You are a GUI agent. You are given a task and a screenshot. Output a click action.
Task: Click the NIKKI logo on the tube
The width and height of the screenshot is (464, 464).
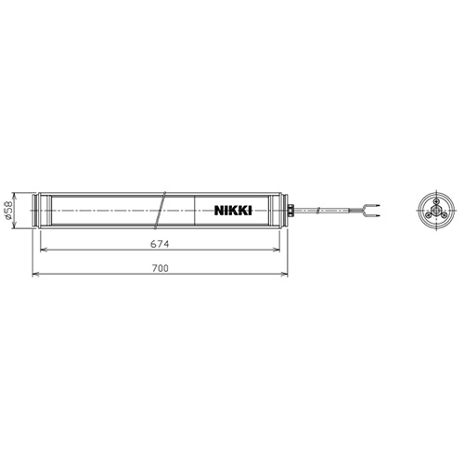click(233, 211)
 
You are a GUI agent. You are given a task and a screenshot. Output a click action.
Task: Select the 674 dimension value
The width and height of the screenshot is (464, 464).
click(160, 244)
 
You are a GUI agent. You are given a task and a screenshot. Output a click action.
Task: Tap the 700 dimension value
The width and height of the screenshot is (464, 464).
click(161, 268)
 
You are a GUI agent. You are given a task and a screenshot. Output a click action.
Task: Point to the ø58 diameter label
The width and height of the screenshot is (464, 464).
click(9, 211)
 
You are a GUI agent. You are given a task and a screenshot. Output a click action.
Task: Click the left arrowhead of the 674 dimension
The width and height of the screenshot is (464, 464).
click(44, 250)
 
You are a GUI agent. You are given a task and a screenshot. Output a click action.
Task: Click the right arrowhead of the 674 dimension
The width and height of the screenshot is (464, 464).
click(277, 250)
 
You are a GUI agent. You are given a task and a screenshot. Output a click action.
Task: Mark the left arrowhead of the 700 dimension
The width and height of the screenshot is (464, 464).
click(36, 274)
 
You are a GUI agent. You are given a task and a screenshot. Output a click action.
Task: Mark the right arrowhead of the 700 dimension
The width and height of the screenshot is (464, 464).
click(285, 274)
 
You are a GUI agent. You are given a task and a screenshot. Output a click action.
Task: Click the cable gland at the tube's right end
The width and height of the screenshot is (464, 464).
click(290, 211)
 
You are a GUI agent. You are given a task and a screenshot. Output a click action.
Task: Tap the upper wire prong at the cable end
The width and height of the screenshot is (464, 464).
click(373, 205)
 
